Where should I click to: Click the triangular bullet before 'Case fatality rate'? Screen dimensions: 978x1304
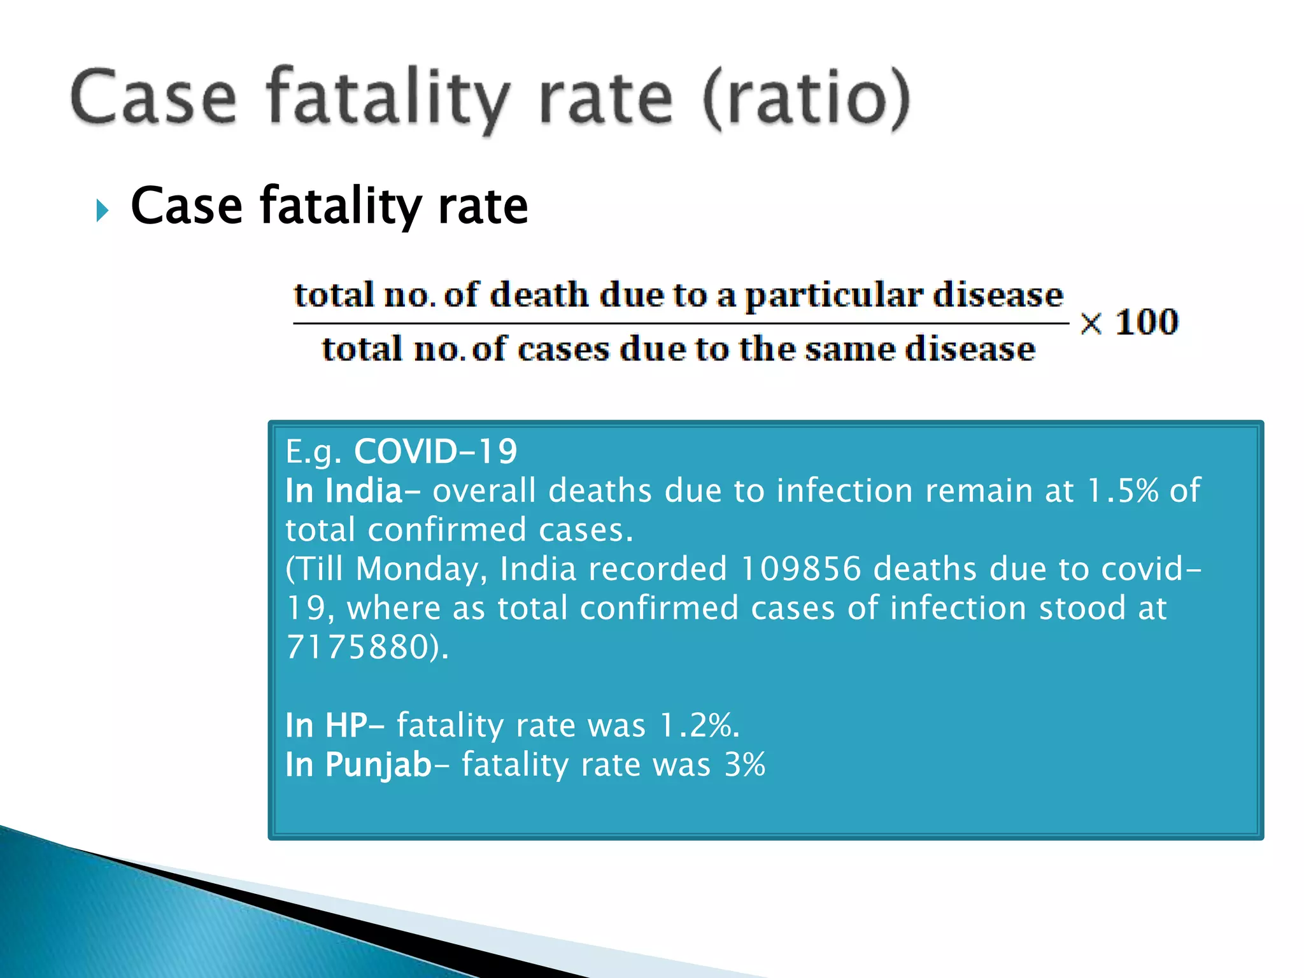coord(102,210)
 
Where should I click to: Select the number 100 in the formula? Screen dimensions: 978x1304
coord(1147,322)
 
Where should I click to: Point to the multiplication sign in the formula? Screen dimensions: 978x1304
coord(1091,323)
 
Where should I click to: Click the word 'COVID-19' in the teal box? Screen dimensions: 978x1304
coord(436,451)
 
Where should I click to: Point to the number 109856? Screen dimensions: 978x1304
coord(801,569)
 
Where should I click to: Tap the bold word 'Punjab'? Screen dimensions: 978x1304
coord(378,765)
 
